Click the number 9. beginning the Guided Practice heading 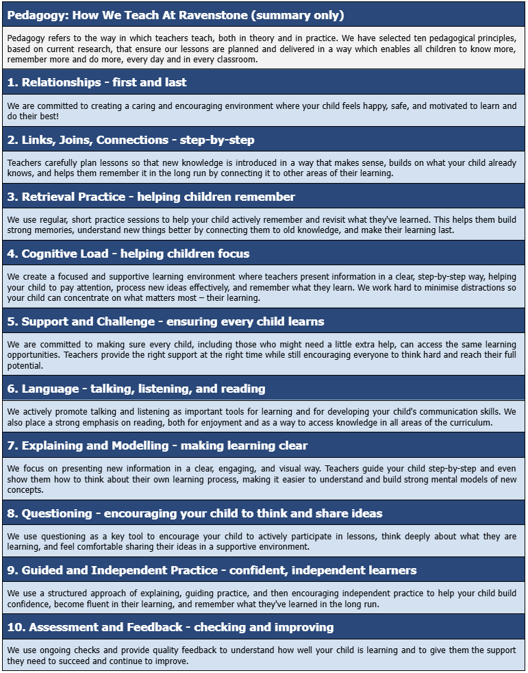click(12, 570)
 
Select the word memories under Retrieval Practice click(54, 230)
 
